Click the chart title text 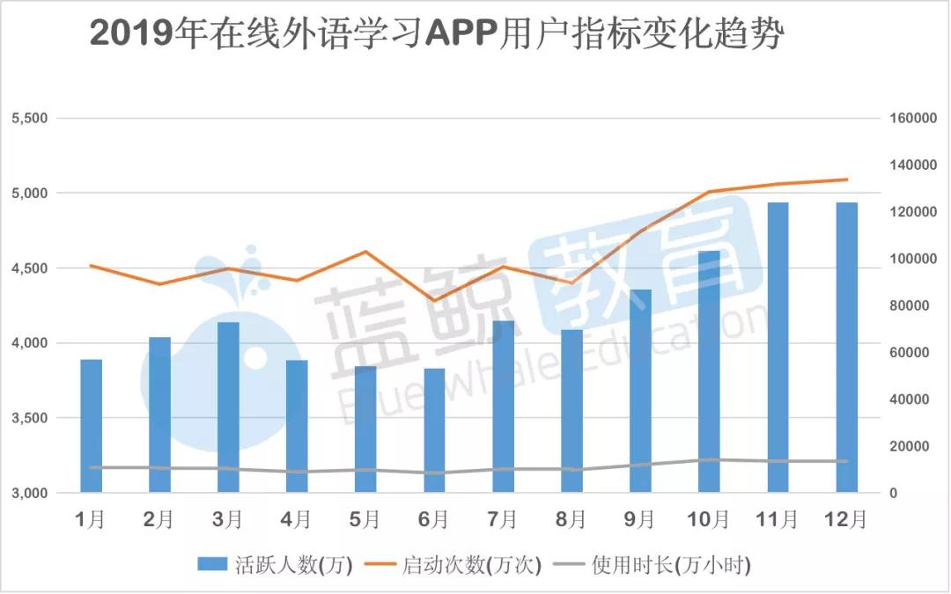click(435, 36)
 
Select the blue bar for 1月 click(92, 426)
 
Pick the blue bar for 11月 click(778, 348)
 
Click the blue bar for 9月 click(640, 391)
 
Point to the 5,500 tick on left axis click(28, 118)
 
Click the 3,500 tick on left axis click(28, 418)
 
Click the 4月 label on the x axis click(297, 520)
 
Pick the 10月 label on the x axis click(708, 520)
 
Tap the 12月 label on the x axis click(845, 520)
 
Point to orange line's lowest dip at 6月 click(434, 301)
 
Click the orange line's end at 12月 click(846, 180)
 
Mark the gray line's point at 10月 click(709, 459)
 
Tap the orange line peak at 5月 click(365, 252)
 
